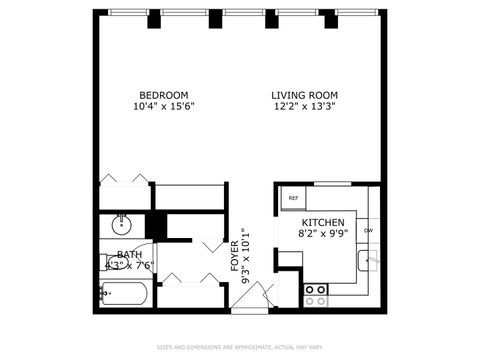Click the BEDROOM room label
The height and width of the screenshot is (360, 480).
164,95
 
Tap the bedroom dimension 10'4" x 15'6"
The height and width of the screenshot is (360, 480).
164,106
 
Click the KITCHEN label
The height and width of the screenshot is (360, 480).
323,222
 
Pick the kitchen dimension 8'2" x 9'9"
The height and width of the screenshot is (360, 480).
323,233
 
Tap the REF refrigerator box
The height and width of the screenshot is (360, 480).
293,198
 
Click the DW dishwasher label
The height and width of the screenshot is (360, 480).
368,231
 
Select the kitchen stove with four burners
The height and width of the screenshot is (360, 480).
316,294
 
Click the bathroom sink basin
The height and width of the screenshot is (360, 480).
122,223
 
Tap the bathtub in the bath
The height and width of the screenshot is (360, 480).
124,295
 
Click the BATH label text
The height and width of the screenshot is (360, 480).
129,254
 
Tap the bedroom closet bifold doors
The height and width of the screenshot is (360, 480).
125,180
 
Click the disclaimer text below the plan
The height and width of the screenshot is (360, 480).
240,347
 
